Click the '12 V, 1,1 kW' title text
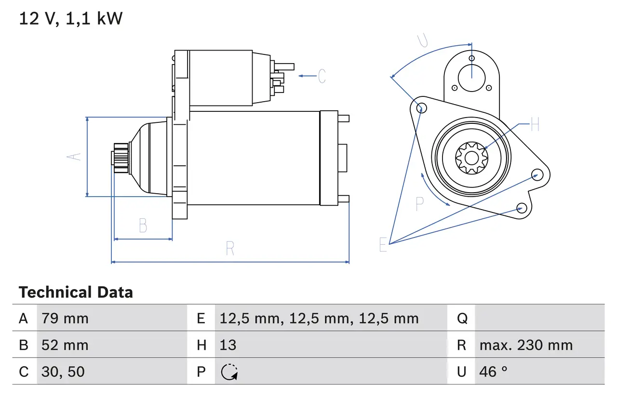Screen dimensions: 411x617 point(71,19)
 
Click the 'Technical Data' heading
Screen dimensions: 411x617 point(76,292)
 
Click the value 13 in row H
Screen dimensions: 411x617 point(228,345)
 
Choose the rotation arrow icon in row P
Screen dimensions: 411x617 point(229,372)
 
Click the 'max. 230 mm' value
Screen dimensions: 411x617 point(526,345)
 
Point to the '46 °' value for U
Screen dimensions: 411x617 point(494,371)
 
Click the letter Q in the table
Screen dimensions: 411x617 point(462,318)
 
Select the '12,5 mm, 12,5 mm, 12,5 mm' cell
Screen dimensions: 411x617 point(319,318)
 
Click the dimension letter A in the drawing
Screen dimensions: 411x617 point(74,157)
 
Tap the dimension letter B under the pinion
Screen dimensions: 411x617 point(143,225)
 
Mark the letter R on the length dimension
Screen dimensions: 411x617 point(230,249)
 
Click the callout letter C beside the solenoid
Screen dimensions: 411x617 point(322,76)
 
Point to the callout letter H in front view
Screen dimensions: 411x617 point(535,125)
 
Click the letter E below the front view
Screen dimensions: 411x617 point(383,245)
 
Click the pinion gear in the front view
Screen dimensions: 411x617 point(471,157)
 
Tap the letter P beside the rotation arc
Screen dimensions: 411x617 point(419,204)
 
